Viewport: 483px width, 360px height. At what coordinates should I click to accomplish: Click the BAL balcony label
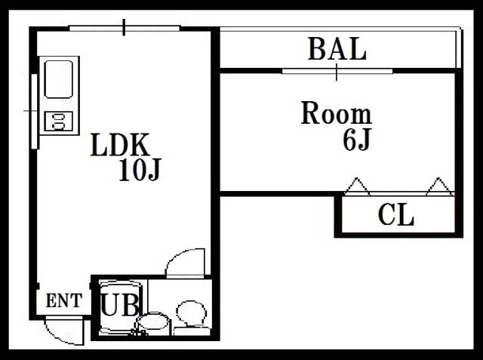[337, 48]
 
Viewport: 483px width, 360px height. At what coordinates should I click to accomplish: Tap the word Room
[337, 113]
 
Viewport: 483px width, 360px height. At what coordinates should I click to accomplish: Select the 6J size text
[356, 139]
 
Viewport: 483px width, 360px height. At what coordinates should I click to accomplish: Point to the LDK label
[120, 144]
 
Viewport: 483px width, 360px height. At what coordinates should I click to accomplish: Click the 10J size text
[140, 170]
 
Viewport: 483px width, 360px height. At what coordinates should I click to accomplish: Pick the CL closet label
[395, 215]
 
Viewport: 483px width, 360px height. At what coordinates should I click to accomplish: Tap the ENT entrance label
[64, 300]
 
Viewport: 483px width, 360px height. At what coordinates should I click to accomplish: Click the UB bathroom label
[120, 305]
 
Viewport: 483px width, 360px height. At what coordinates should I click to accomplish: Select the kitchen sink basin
[59, 79]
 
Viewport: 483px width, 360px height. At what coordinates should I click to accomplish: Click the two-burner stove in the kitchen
[59, 122]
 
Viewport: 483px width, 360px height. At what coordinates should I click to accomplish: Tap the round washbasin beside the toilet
[153, 323]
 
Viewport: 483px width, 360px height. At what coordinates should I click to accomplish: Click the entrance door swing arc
[64, 331]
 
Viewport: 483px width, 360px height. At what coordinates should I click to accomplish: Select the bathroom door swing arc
[185, 263]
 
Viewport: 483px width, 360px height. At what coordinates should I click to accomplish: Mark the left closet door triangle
[357, 186]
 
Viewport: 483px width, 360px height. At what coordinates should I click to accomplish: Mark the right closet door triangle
[439, 186]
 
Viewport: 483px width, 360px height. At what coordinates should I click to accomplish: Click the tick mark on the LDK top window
[124, 27]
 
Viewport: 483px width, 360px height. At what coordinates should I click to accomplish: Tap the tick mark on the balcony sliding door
[337, 72]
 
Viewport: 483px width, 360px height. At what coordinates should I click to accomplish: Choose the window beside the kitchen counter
[35, 112]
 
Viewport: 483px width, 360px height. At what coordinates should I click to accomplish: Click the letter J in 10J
[154, 170]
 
